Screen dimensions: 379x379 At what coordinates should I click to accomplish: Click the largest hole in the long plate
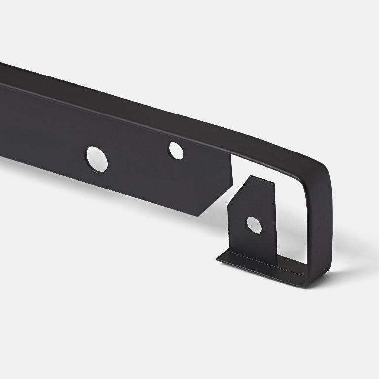click(97, 159)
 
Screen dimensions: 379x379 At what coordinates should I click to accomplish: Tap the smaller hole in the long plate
click(176, 151)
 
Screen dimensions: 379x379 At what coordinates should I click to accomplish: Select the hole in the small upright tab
click(254, 225)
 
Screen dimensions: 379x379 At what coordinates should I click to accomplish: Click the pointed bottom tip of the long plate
click(197, 215)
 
